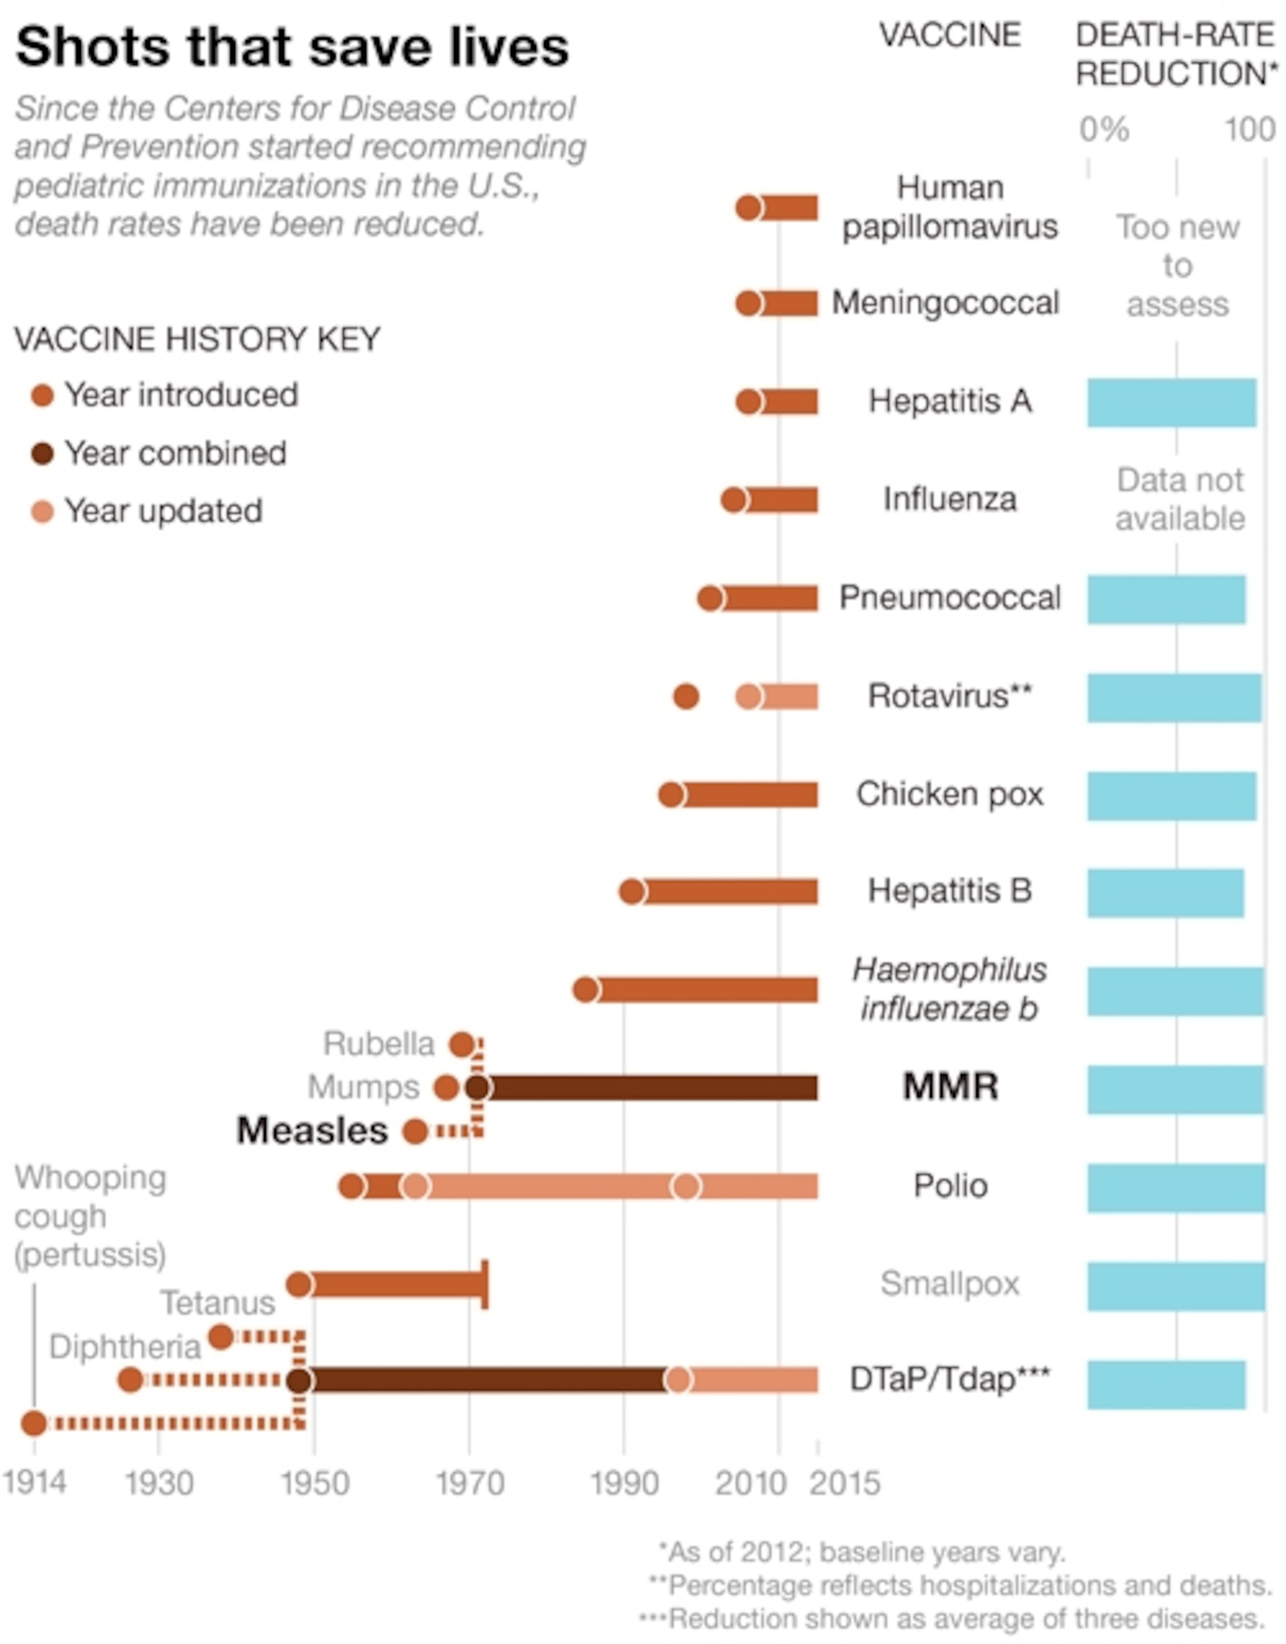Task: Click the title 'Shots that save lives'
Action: (x=292, y=47)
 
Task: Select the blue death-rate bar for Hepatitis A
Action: (x=1171, y=403)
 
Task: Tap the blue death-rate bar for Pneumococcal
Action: (x=1166, y=599)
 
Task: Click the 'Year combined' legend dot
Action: (x=43, y=454)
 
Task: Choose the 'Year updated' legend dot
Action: (x=43, y=512)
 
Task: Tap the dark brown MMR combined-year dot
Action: (x=477, y=1087)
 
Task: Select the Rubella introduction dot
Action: (x=462, y=1045)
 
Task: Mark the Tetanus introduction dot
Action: (x=220, y=1337)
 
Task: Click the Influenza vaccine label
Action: (x=950, y=499)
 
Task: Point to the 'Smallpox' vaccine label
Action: (x=950, y=1283)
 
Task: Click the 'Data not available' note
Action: (x=1179, y=499)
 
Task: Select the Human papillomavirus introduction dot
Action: (x=748, y=208)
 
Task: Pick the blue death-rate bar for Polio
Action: (x=1175, y=1188)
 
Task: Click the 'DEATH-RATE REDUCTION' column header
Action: (x=1177, y=54)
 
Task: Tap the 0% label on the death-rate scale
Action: (x=1103, y=130)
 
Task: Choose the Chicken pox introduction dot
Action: (x=671, y=795)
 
